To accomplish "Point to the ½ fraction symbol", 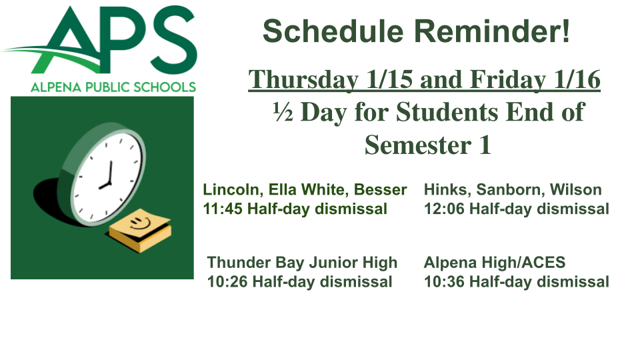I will [283, 112].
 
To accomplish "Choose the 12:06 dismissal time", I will [444, 209].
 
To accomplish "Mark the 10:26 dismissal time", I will [227, 282].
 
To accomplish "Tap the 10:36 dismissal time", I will [444, 282].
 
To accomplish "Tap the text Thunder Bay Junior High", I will [302, 263].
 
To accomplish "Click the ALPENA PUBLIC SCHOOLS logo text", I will [113, 87].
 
